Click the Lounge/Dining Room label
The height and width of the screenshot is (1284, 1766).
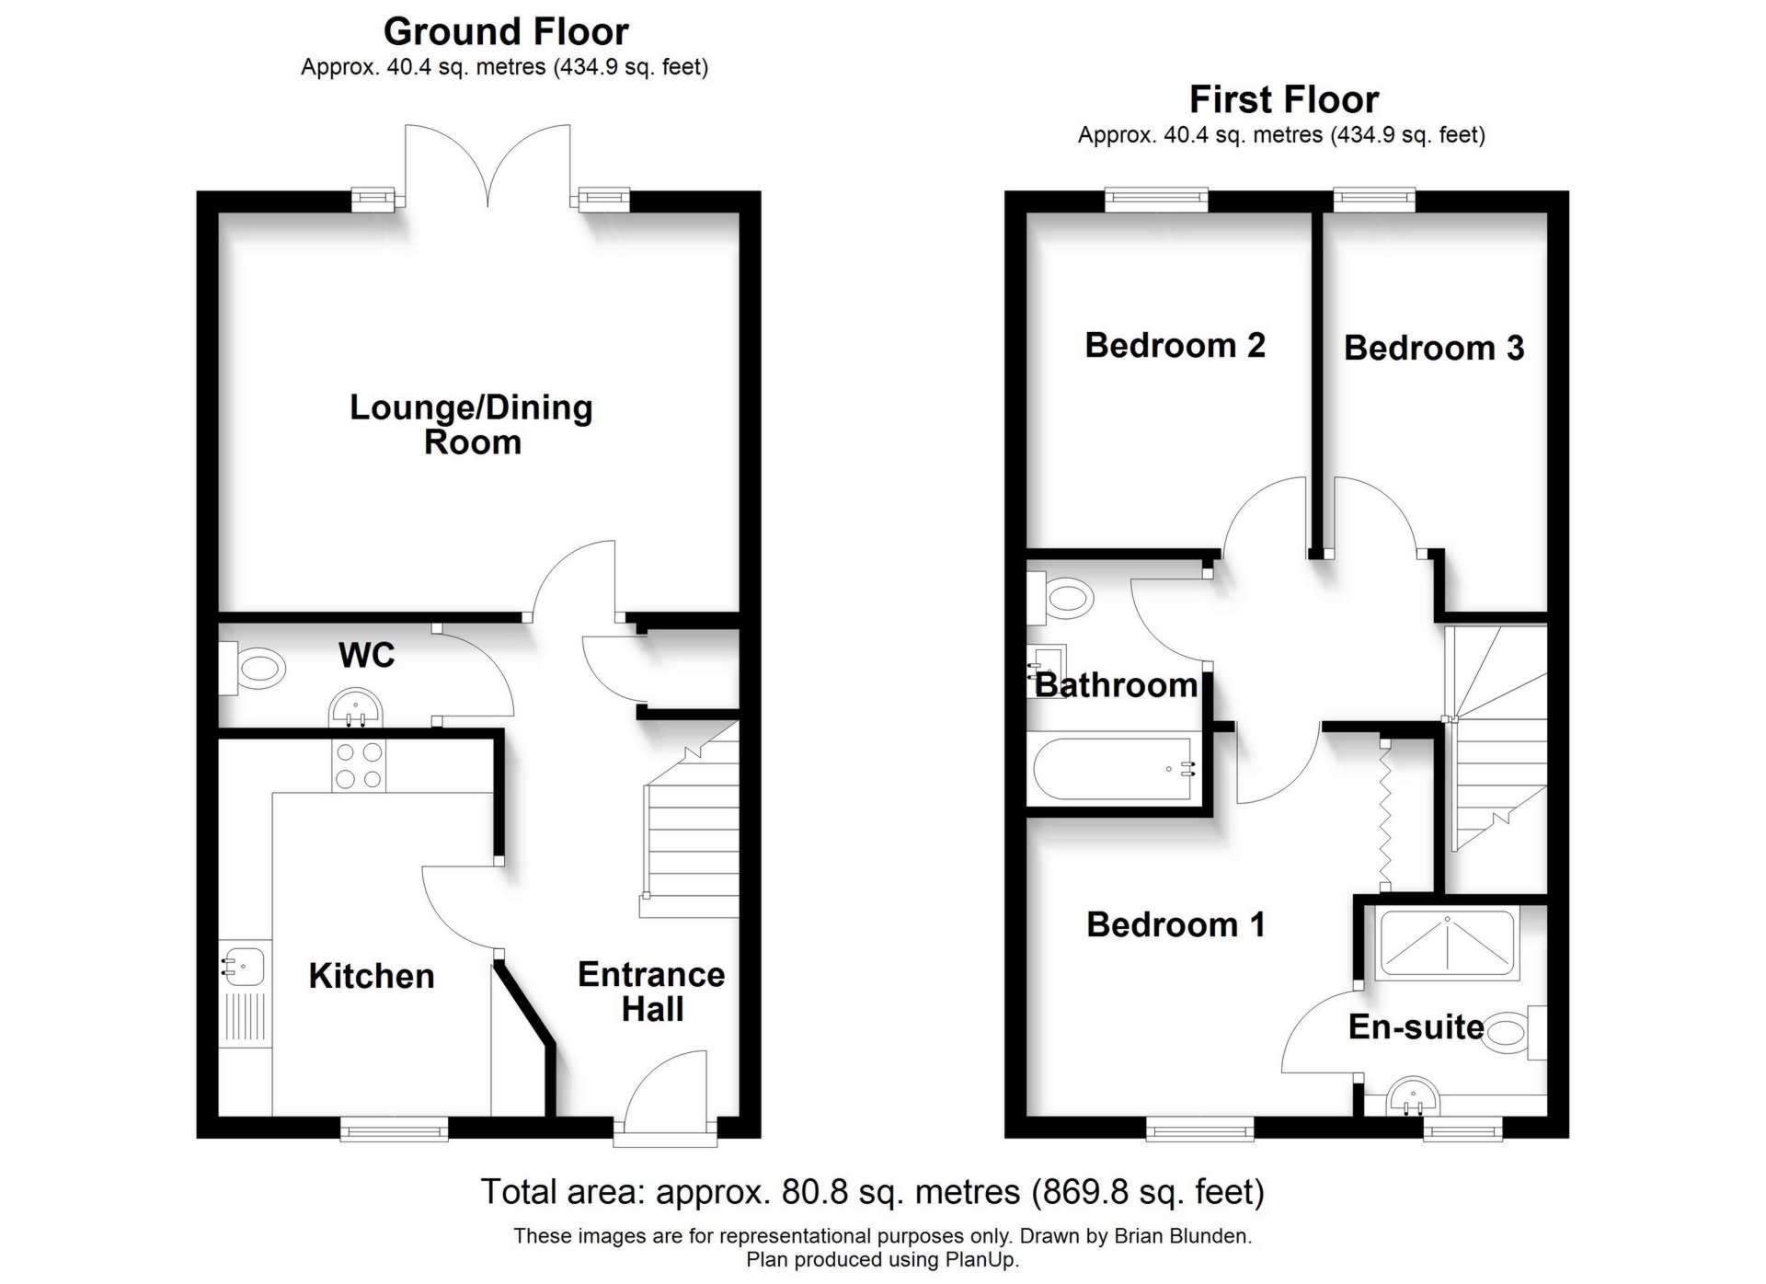[471, 425]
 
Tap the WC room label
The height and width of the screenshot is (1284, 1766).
[366, 656]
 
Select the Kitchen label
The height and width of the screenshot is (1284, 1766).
[371, 976]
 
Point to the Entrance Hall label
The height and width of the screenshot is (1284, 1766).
[651, 992]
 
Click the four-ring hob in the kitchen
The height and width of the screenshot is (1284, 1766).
[359, 765]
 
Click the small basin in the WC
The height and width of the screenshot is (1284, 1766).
[355, 709]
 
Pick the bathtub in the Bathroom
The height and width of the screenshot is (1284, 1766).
[1113, 770]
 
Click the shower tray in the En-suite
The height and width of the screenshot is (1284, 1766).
[1447, 945]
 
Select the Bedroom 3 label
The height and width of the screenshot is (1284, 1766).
[1433, 349]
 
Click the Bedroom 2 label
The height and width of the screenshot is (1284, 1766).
[1175, 346]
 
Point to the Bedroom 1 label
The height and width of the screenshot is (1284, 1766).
[1175, 924]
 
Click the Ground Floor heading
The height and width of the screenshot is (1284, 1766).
[505, 32]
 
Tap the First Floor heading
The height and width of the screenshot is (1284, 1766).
[1283, 99]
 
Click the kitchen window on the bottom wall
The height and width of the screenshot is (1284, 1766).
[394, 1129]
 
